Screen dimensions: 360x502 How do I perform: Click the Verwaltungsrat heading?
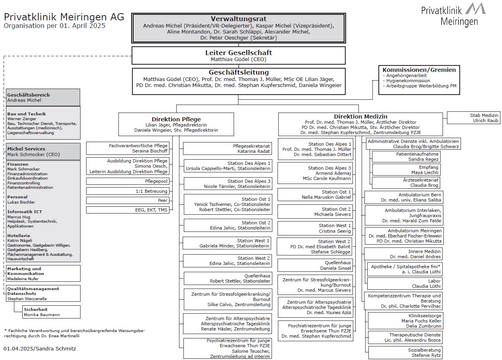[x=238, y=19]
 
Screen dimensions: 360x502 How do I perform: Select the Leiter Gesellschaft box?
[x=238, y=55]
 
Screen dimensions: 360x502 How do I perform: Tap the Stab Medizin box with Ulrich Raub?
[x=473, y=118]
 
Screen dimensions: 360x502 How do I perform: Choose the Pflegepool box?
[x=128, y=181]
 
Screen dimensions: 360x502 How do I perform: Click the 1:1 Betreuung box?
[x=128, y=191]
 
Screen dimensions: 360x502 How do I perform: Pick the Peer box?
[x=128, y=200]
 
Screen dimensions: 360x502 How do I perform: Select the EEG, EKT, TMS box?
[x=128, y=210]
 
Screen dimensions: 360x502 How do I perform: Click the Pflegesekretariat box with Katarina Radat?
[x=228, y=148]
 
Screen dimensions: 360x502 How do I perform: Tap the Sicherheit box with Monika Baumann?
[x=51, y=312]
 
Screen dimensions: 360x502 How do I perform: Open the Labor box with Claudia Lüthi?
[x=405, y=283]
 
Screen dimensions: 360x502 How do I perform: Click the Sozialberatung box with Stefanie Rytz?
[x=406, y=352]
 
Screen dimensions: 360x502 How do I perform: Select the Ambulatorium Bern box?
[x=404, y=197]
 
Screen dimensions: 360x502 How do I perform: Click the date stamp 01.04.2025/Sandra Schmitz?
[x=40, y=348]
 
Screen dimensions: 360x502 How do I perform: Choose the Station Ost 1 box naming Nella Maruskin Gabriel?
[x=315, y=194]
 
